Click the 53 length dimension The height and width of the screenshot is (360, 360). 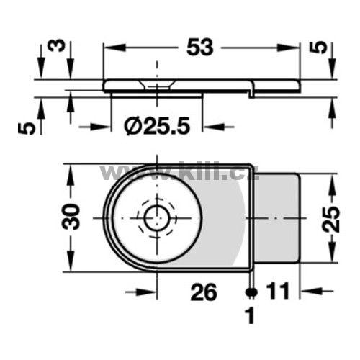(200, 48)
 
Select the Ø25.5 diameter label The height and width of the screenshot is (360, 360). (157, 126)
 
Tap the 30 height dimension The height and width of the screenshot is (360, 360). (70, 217)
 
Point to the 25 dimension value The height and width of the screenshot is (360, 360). (331, 219)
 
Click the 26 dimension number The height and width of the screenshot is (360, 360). (204, 292)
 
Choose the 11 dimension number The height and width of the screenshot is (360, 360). (279, 291)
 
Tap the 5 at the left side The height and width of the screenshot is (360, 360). (27, 128)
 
